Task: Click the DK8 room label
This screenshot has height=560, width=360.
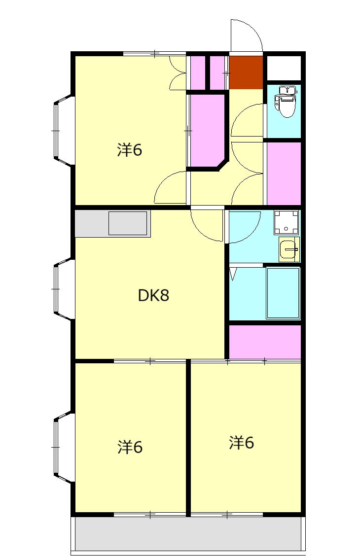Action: pos(153,295)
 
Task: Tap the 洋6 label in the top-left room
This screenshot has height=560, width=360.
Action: pos(130,150)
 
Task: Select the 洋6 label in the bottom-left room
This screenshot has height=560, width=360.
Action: pos(130,447)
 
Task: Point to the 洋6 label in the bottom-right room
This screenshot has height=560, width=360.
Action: pos(242,443)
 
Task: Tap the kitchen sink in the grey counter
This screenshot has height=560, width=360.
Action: pos(128,223)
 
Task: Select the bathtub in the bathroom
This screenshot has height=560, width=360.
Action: pos(283,292)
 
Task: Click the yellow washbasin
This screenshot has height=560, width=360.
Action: pos(289,249)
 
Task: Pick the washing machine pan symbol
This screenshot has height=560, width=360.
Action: pos(286,222)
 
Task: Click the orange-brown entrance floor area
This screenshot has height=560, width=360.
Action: pos(246,72)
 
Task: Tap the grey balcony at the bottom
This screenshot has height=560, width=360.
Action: pos(188,534)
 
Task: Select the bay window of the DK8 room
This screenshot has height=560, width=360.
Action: pos(64,289)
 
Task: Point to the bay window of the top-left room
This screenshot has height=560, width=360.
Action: pos(64,131)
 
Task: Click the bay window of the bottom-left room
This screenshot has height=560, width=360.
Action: pos(64,447)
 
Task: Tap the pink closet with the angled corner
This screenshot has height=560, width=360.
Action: pos(207,130)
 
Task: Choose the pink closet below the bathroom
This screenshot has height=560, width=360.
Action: pos(265,342)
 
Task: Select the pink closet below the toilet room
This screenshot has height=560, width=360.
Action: pos(284,174)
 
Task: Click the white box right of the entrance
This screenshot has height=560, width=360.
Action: pos(284,68)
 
